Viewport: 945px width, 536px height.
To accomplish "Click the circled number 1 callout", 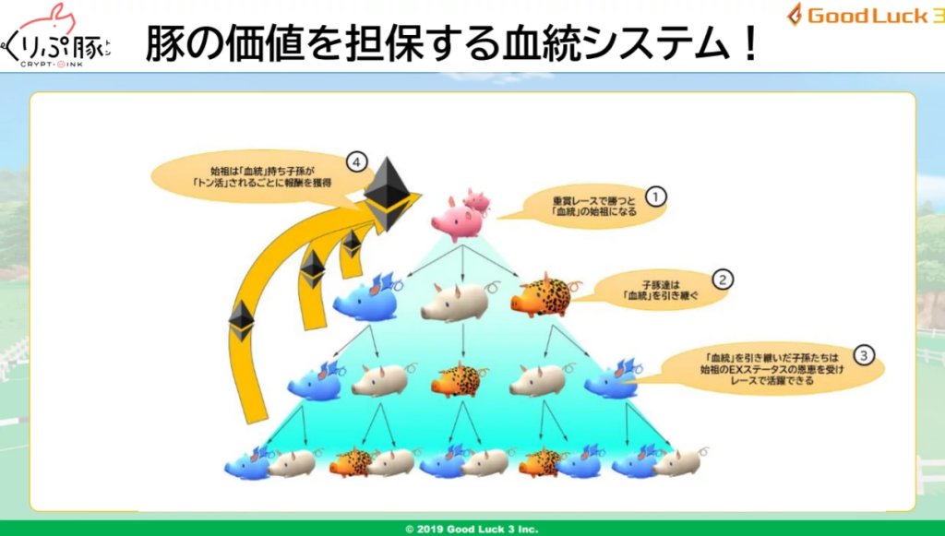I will coord(655,197).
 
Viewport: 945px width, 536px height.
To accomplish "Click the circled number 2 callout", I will coord(724,277).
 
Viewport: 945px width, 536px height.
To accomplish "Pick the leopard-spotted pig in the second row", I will coord(542,296).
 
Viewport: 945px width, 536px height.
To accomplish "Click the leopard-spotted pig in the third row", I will coord(458,380).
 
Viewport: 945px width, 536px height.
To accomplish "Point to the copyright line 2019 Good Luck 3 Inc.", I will coord(472,530).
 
